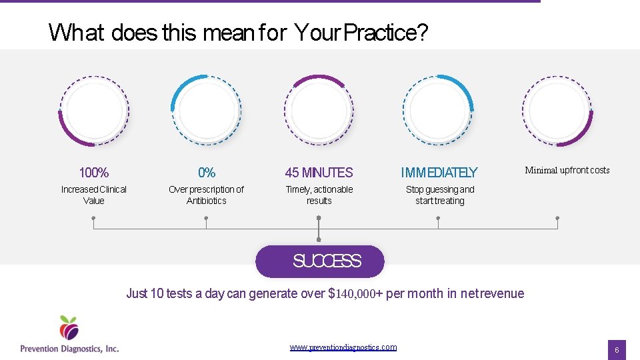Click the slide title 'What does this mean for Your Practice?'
coord(238,32)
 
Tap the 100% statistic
coord(94,173)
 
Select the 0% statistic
coord(207,173)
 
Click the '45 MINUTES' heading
coord(319,173)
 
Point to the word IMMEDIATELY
coord(439,173)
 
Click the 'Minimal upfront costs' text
coord(567,170)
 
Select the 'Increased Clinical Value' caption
coord(94,195)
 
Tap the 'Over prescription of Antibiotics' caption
coord(207,195)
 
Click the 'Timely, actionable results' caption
coord(319,195)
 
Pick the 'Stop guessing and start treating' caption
coord(440,195)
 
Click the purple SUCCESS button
coord(320,261)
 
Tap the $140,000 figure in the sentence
coord(359,293)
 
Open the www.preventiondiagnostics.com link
coord(343,347)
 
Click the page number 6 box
coord(617,349)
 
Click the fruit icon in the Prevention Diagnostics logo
coord(69,327)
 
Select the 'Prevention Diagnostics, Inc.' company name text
coord(69,348)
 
